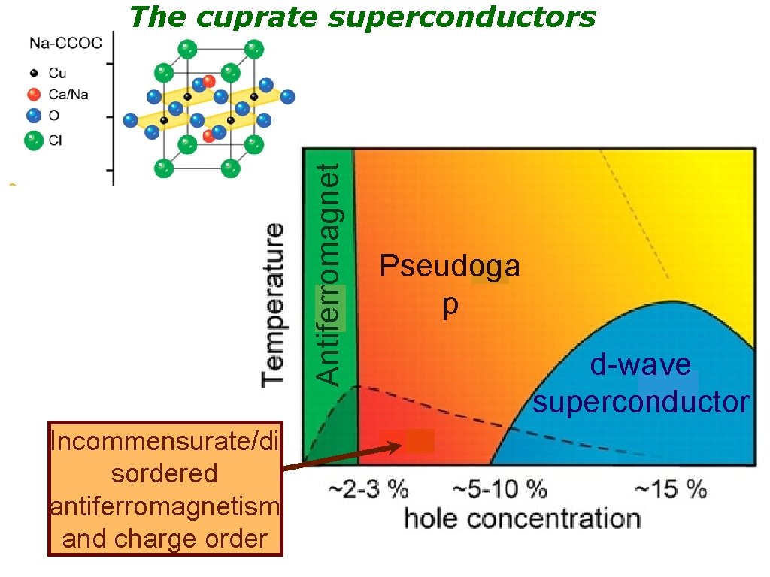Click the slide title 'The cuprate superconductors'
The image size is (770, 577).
362,17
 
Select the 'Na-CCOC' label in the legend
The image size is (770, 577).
65,44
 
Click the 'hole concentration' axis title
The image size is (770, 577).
522,518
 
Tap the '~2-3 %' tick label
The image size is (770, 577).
368,490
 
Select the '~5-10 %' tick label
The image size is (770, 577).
499,490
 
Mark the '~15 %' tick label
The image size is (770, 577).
670,490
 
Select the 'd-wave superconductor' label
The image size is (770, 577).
641,384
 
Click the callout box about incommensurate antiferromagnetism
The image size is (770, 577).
165,489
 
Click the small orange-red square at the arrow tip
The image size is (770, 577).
420,441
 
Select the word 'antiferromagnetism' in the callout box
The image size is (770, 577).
165,507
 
